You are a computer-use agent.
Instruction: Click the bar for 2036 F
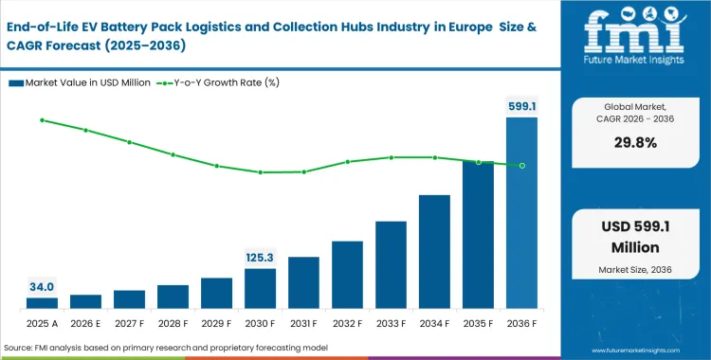pos(521,213)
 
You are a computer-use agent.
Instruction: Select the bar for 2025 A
pos(42,303)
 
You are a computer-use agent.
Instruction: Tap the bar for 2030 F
pos(260,288)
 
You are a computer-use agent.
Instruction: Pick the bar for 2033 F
pos(391,264)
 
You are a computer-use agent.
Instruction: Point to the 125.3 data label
pos(260,258)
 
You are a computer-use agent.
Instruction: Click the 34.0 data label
pos(42,287)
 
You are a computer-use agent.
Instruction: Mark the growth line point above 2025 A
pos(42,120)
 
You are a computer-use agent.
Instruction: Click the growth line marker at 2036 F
pos(521,166)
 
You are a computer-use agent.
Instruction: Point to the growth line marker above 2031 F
pos(303,171)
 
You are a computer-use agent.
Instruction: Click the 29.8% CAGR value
pos(636,142)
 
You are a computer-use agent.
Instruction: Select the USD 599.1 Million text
pos(636,238)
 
